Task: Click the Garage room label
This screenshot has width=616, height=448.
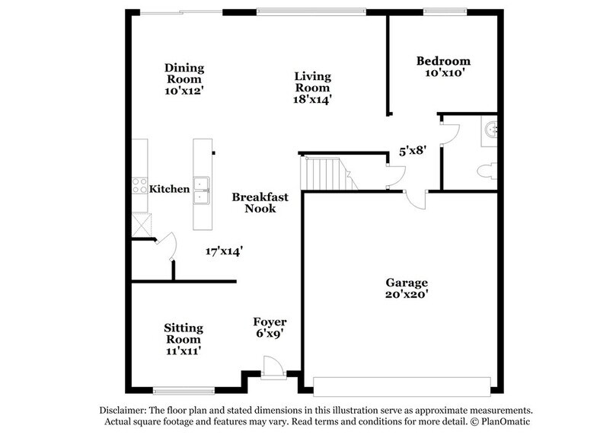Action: click(x=407, y=283)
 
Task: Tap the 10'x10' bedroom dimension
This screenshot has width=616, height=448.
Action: click(x=445, y=72)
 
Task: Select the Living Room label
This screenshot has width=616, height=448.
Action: click(x=313, y=82)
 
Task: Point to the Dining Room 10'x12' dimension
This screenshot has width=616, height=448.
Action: click(x=184, y=91)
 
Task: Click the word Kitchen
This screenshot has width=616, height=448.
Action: click(x=169, y=189)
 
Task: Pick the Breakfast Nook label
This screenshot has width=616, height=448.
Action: click(x=260, y=203)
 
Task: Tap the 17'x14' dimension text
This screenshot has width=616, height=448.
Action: click(x=224, y=251)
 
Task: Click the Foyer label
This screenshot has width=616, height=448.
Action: click(x=270, y=322)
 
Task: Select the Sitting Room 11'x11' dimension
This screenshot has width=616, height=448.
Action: click(x=184, y=350)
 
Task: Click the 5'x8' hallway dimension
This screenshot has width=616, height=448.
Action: click(x=413, y=151)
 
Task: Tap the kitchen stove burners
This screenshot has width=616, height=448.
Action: click(x=139, y=185)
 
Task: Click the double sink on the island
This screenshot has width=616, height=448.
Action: click(x=201, y=190)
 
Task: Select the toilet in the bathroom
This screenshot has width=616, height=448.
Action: click(x=487, y=171)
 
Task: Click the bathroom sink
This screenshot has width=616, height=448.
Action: click(x=491, y=130)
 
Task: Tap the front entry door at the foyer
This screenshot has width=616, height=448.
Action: click(x=273, y=368)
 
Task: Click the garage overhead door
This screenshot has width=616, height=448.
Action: click(x=402, y=386)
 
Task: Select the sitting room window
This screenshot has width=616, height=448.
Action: click(x=184, y=391)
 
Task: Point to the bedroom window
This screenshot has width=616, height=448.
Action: click(x=445, y=11)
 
